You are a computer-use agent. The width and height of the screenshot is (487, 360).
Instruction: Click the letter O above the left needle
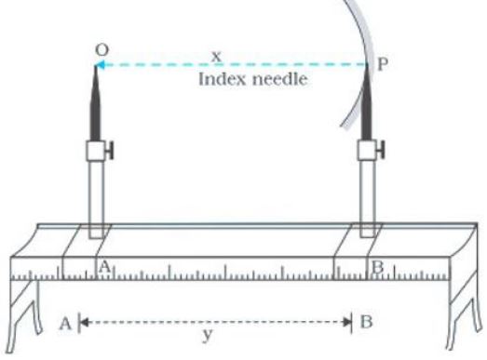coord(101,49)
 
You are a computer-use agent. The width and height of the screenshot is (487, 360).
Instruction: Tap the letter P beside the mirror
coord(383,64)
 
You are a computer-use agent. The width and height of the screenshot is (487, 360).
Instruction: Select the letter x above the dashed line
coord(216,57)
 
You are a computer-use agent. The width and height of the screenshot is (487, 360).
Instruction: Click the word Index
coord(221,79)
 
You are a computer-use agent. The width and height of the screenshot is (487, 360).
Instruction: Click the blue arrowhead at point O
coord(100,64)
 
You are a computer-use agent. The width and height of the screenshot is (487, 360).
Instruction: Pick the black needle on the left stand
coord(95,103)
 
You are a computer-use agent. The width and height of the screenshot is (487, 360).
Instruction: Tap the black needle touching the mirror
coord(367,102)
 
